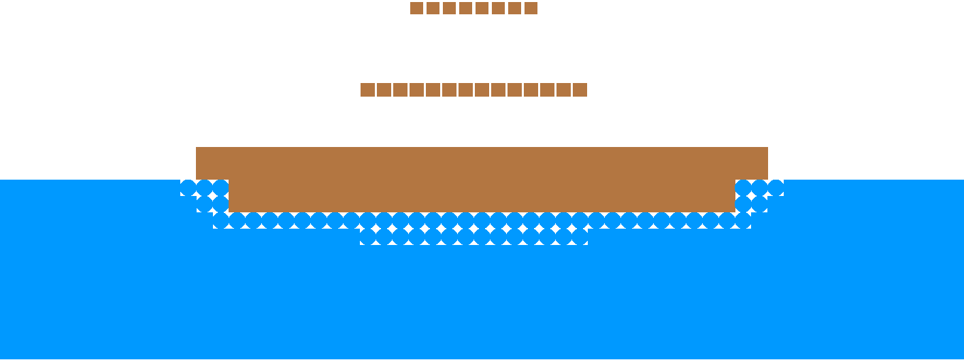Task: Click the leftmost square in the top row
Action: (416, 8)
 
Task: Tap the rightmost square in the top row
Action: (531, 8)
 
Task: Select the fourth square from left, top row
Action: (465, 8)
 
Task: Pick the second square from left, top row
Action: (433, 8)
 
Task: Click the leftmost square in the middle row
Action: (367, 90)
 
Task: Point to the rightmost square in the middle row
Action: (580, 90)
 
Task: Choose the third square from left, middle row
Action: (400, 90)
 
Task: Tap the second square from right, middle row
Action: (563, 90)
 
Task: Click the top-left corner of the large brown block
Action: (197, 148)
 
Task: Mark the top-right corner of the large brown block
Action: (767, 148)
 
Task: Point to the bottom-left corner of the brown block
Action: (229, 212)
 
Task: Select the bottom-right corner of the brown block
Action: (734, 212)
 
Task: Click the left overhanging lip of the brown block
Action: (212, 163)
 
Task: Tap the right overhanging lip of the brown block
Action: (751, 163)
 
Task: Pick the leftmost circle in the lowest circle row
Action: (367, 237)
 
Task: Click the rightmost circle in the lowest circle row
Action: (580, 237)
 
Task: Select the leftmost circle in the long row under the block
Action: (220, 220)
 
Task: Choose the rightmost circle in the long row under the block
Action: (743, 220)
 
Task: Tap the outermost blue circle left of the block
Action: (188, 188)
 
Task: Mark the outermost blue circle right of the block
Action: (776, 188)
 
